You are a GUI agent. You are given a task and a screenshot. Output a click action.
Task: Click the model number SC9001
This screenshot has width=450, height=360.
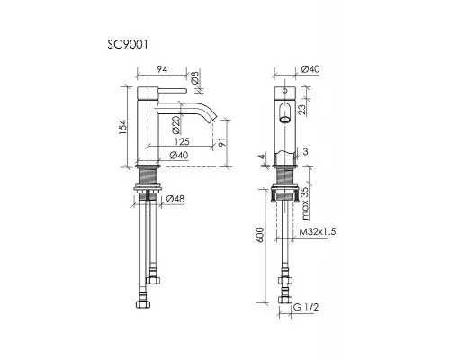click(x=128, y=45)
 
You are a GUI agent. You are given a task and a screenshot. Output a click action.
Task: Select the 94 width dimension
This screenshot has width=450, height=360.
click(x=162, y=69)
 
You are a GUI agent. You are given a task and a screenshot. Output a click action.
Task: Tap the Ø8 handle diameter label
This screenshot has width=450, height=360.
click(x=195, y=77)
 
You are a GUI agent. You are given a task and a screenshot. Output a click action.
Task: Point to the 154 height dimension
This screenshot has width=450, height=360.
click(x=123, y=127)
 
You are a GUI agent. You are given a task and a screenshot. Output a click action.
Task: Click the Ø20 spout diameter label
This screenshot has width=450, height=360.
click(x=176, y=124)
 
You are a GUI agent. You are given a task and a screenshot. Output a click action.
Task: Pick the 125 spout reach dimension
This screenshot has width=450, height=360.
click(x=182, y=141)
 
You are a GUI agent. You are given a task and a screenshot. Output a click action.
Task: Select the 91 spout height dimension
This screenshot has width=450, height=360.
click(x=221, y=142)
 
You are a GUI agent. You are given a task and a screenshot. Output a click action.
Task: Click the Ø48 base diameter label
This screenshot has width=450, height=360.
click(x=175, y=199)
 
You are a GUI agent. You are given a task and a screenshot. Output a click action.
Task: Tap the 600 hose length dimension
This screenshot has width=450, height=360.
click(x=260, y=235)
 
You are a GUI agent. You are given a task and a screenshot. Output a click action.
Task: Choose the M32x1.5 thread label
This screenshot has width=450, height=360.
click(x=318, y=231)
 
